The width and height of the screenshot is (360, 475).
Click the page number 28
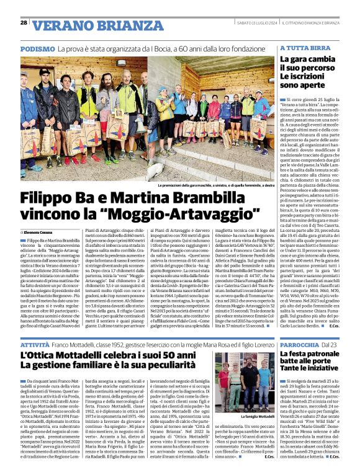coord(24,23)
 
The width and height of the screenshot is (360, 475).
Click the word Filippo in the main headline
coord(51,199)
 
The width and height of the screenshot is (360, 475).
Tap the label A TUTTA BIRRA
coord(304,48)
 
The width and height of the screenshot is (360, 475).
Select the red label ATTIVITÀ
coord(35,343)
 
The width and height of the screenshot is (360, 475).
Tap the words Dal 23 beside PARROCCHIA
coord(330,343)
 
